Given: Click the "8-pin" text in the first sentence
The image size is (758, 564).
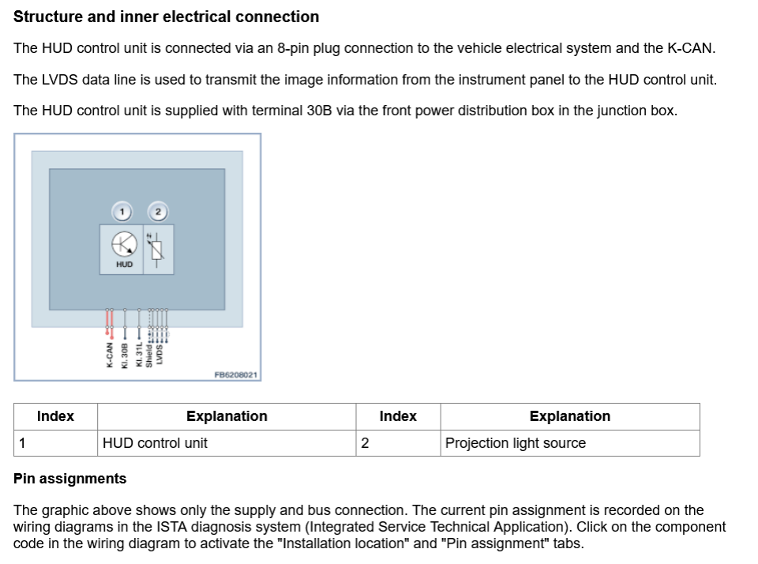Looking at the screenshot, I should coord(292,48).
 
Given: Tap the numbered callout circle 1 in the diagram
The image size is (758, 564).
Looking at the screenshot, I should coord(121,211).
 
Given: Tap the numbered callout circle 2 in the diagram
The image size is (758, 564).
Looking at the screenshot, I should coord(158,211).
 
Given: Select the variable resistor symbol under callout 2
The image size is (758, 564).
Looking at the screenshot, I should coord(157,248).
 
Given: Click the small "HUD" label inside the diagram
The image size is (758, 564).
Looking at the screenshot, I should coord(124,265).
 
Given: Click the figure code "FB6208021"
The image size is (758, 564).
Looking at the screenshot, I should coord(236,375).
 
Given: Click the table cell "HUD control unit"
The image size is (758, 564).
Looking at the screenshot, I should coord(155,443).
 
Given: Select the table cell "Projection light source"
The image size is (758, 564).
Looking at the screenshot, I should coord(515,443).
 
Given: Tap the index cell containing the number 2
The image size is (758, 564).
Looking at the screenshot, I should coord(365,443).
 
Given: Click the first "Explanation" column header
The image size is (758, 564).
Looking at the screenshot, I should coord(227,416).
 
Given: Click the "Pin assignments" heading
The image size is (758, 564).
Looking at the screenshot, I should coord(69,479).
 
